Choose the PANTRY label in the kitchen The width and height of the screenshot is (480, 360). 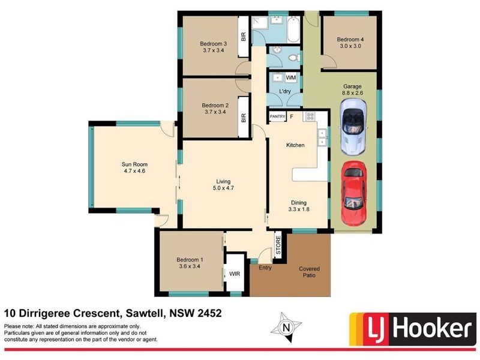(x=277, y=116)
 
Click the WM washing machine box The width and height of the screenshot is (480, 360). (x=290, y=78)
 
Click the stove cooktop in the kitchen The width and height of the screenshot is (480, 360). (x=311, y=116)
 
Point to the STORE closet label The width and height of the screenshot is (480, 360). (x=278, y=247)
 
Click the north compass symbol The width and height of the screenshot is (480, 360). (x=286, y=328)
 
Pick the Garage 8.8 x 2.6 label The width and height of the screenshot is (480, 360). (x=352, y=89)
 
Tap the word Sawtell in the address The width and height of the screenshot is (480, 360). (x=144, y=313)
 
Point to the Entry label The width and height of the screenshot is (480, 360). (x=265, y=268)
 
